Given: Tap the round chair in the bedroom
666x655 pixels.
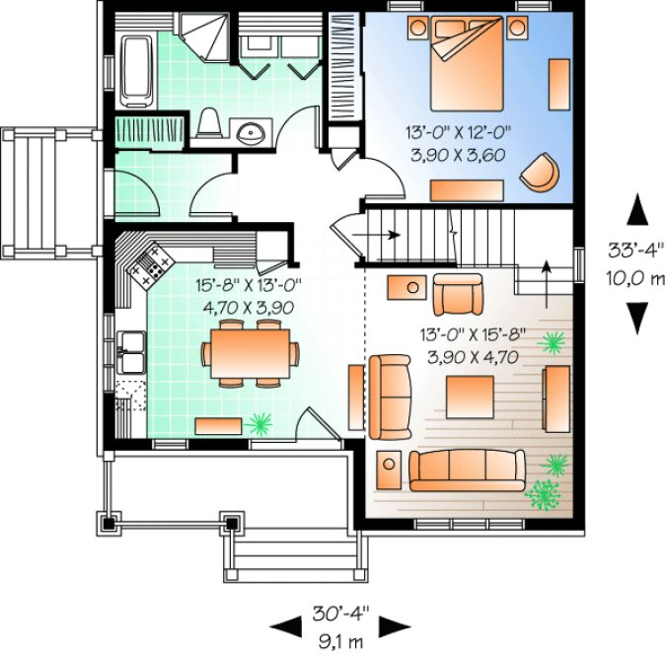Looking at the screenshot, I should click(540, 171).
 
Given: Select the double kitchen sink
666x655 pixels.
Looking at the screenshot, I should click(131, 348).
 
